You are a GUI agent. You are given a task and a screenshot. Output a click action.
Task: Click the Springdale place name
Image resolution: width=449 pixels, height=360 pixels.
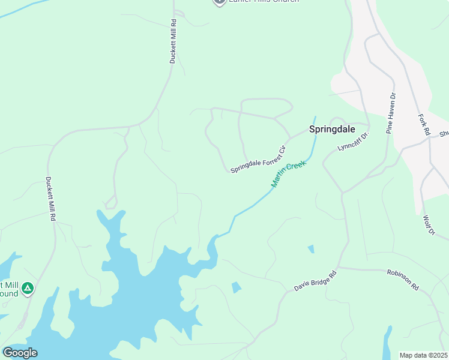click(332, 129)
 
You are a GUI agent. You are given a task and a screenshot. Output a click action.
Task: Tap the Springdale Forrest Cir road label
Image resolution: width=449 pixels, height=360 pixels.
click(258, 159)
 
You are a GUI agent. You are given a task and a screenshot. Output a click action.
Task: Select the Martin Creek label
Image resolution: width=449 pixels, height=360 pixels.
click(288, 173)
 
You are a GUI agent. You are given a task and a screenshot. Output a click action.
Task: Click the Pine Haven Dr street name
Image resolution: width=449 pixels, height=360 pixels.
click(391, 112)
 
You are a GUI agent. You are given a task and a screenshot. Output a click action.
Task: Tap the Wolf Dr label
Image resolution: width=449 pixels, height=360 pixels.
click(427, 225)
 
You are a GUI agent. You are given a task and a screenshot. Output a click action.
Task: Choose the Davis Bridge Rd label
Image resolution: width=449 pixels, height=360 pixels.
click(316, 280)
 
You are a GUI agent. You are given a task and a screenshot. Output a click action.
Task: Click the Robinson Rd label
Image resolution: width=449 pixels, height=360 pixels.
click(402, 280)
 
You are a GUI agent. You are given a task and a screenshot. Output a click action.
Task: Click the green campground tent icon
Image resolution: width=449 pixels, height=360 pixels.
click(27, 290)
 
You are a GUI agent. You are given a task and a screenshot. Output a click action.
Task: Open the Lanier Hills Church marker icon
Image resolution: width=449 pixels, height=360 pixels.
click(220, 2)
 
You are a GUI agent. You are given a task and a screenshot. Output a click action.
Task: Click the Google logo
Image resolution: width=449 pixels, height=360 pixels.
click(20, 352)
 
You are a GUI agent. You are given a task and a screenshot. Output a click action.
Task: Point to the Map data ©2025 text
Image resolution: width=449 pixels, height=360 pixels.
click(424, 355)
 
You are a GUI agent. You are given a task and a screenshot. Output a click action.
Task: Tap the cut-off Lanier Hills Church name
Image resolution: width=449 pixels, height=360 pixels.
click(264, 2)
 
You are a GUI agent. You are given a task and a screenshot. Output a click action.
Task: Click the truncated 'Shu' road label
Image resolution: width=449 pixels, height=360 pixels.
click(444, 134)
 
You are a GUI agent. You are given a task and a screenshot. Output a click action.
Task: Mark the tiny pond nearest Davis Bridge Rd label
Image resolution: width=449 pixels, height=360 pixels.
click(237, 287)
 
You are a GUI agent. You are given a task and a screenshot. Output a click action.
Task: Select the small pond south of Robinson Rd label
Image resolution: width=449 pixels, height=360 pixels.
click(387, 342)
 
